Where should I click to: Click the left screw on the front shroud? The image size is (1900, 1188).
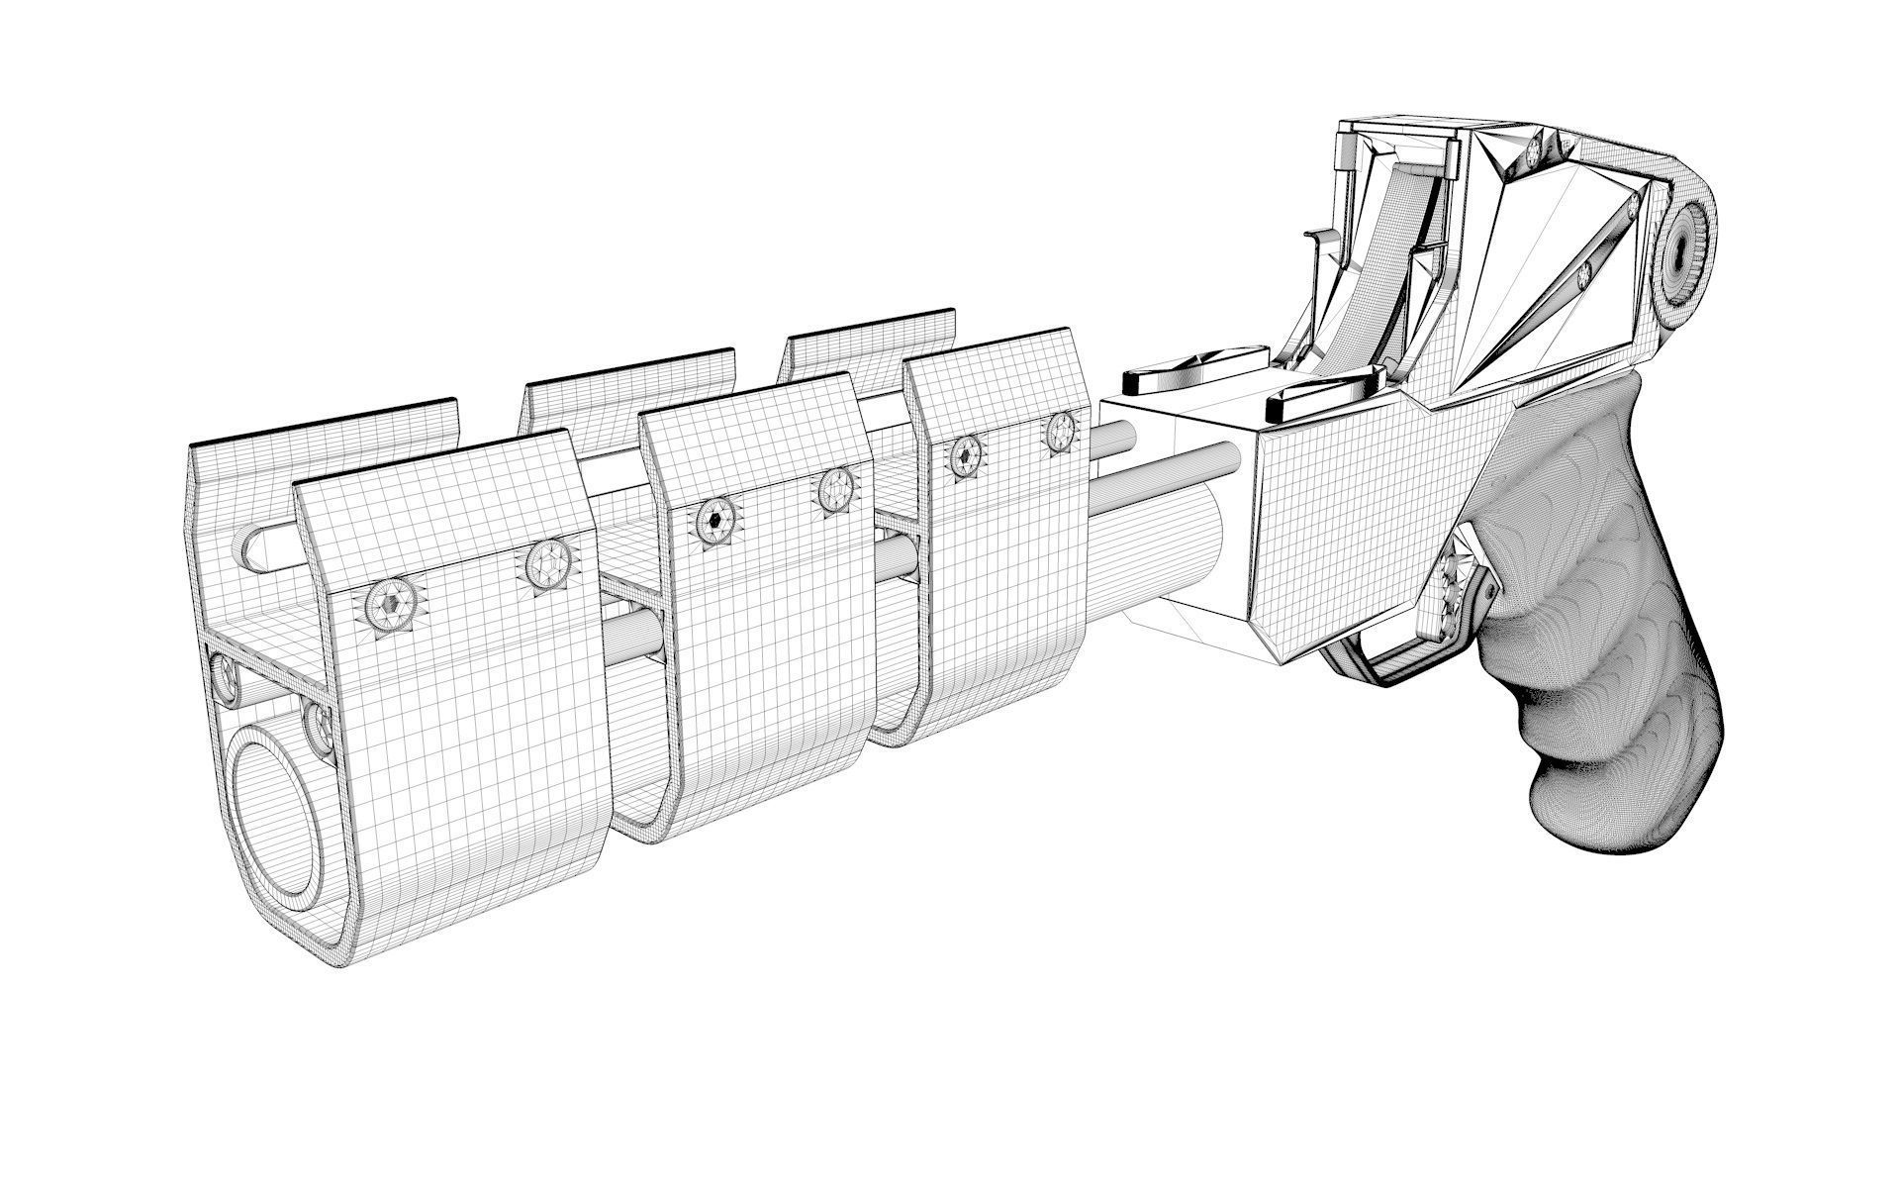pos(394,602)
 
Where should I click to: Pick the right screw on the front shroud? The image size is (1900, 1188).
pos(545,563)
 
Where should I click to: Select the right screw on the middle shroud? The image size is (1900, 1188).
pos(837,490)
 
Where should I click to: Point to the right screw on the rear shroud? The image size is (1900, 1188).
pos(1061,430)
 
